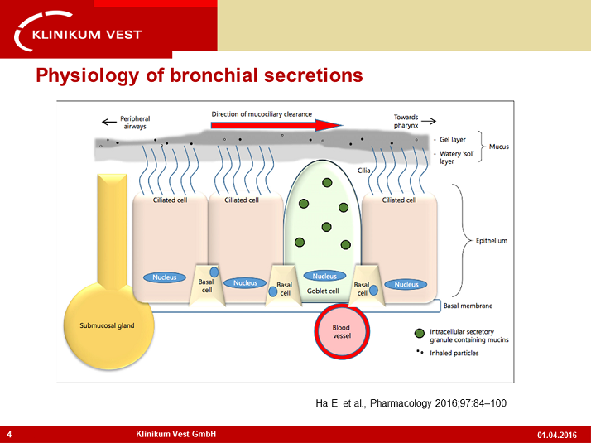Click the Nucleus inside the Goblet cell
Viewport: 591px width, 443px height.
click(x=324, y=276)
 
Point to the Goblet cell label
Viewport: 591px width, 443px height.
click(x=323, y=291)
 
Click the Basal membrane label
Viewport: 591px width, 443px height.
click(x=469, y=306)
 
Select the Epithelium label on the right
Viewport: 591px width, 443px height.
click(x=490, y=241)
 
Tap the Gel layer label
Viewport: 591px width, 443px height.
click(x=452, y=140)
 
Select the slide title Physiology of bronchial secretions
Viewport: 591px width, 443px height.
click(x=199, y=76)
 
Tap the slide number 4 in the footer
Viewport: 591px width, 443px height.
click(x=8, y=435)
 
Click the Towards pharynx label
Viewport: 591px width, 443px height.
click(x=406, y=121)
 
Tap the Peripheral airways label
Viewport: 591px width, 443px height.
click(x=135, y=121)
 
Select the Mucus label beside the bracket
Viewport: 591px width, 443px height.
click(x=498, y=147)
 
